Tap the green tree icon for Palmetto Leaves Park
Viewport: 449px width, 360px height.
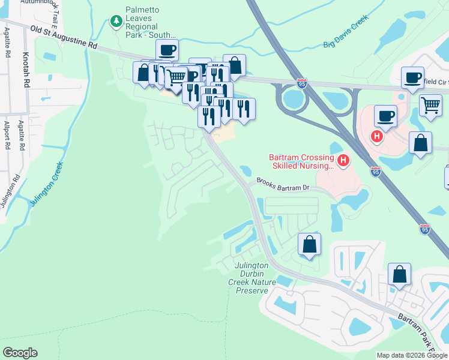pos(116,22)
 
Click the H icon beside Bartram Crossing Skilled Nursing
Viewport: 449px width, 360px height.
pos(343,160)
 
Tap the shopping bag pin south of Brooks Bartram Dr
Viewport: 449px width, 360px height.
pos(309,245)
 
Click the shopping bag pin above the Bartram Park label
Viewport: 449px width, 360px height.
pos(399,274)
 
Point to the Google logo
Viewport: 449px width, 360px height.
pos(20,352)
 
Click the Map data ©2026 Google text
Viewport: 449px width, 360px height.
pos(412,355)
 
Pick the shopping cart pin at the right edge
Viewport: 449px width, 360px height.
pos(430,105)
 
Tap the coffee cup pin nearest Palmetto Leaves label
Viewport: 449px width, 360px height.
pos(167,50)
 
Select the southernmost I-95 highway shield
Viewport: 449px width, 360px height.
pos(425,229)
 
